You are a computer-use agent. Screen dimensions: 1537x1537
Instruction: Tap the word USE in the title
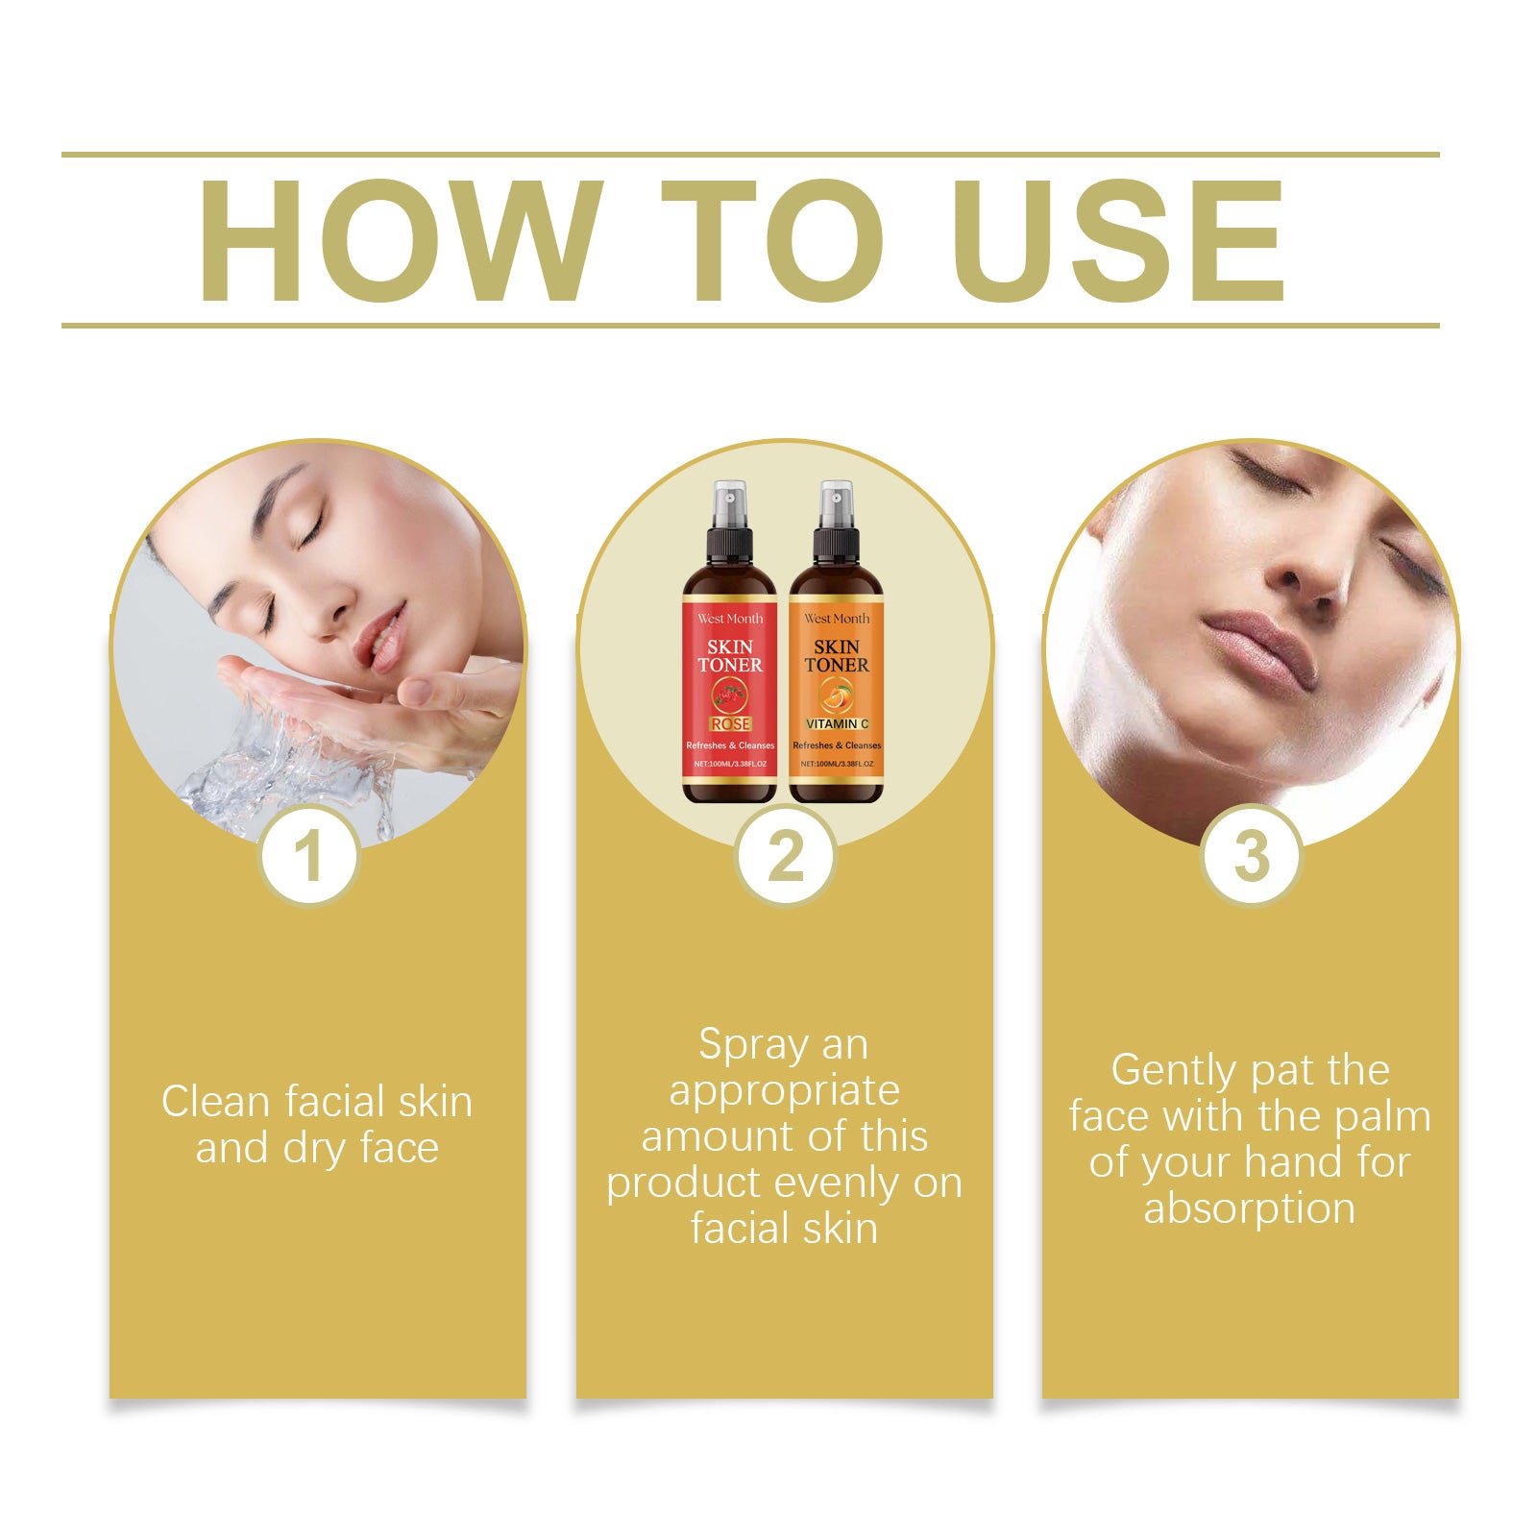[1118, 240]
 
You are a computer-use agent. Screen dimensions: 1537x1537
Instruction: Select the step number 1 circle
[308, 856]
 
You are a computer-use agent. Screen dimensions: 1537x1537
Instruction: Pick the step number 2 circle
[785, 856]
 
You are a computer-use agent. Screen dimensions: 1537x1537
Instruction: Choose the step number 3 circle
[1251, 856]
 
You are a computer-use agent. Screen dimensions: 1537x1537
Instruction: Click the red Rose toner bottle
[729, 672]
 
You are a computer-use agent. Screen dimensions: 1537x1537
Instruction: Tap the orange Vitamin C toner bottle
[836, 672]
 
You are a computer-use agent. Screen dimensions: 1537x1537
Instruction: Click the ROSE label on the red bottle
[730, 723]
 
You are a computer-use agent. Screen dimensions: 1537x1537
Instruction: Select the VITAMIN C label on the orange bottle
[837, 723]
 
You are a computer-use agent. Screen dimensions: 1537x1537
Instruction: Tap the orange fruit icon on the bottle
[836, 695]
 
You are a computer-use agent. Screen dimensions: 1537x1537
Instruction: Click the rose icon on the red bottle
[729, 695]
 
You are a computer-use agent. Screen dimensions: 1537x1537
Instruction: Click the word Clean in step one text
[215, 1102]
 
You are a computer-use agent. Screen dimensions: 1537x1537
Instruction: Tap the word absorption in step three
[1249, 1208]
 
